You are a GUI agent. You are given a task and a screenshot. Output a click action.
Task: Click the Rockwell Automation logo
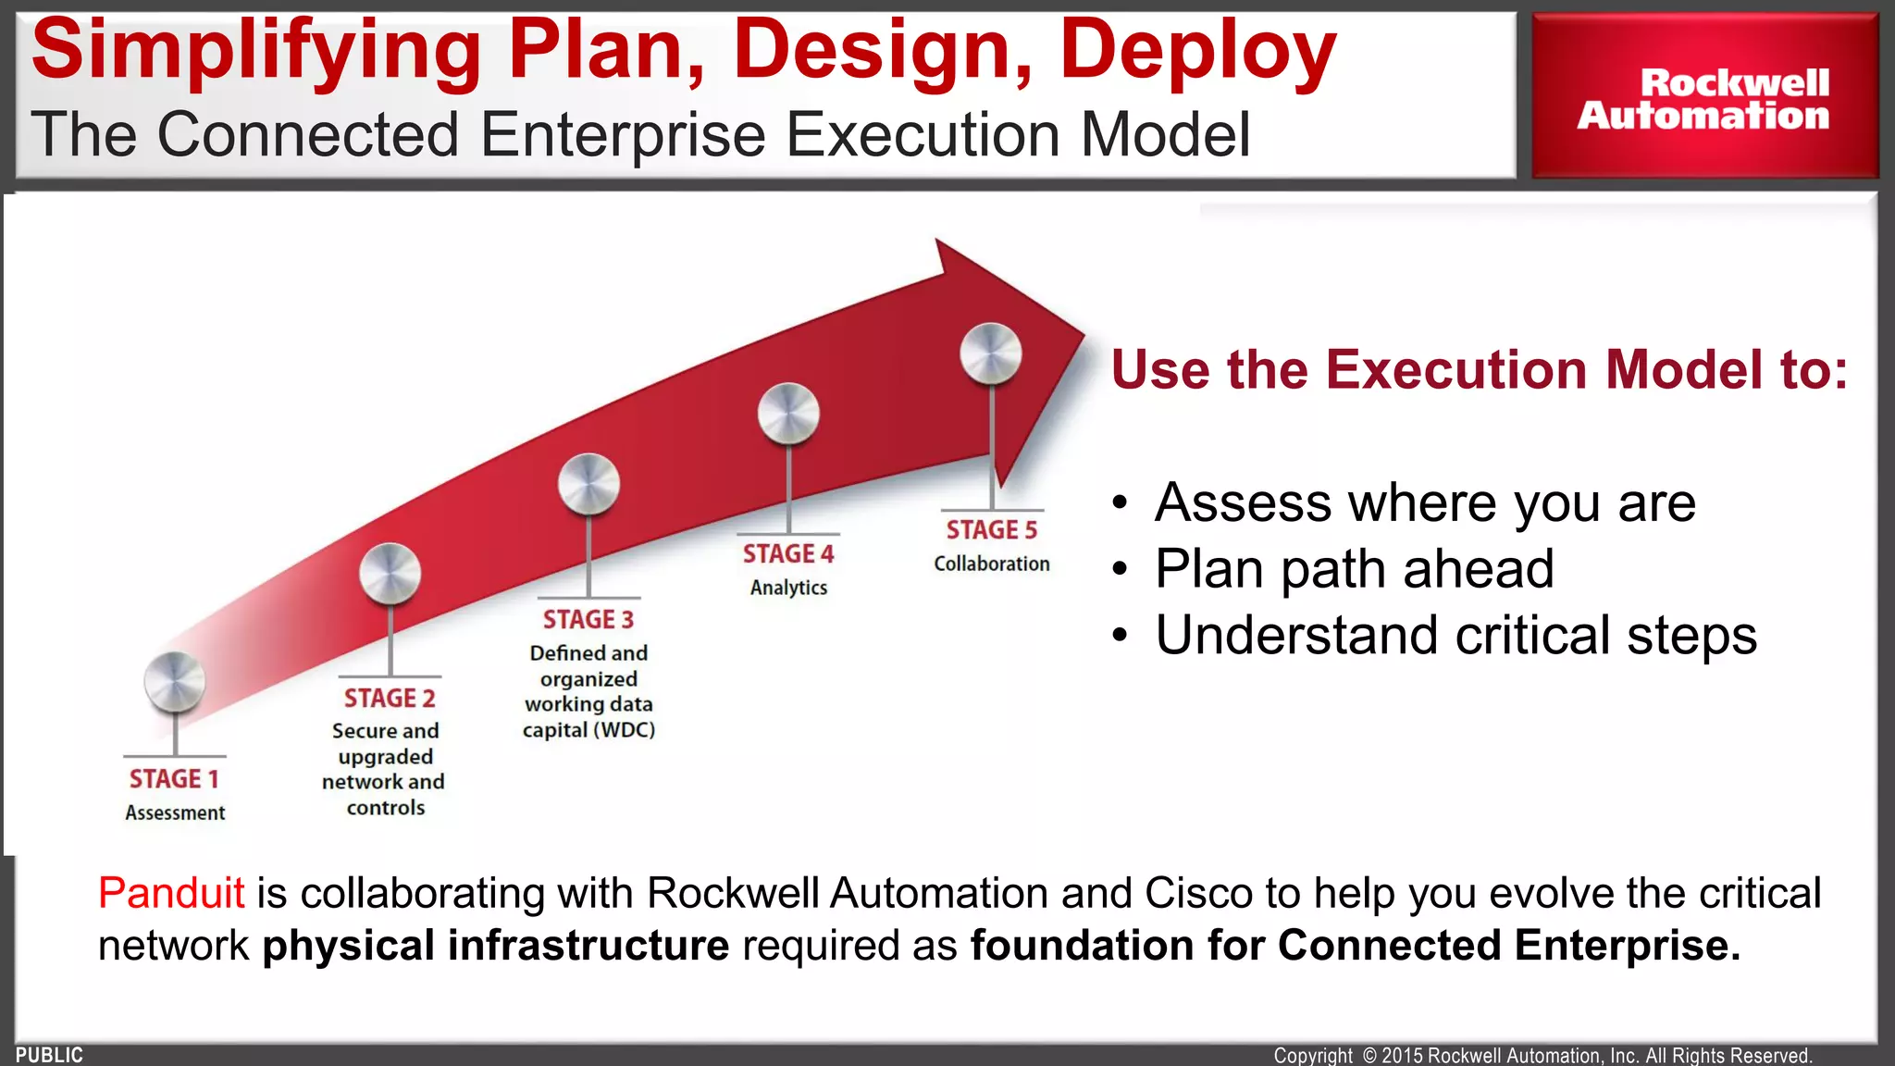point(1703,98)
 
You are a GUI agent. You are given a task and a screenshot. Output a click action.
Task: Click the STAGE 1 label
point(174,779)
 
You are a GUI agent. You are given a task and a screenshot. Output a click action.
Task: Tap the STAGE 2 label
point(390,698)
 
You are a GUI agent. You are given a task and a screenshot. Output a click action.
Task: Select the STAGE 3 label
point(588,619)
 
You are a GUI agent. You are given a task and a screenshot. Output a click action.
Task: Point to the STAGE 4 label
point(788,553)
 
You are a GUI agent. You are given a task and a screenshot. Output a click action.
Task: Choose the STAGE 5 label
point(992,529)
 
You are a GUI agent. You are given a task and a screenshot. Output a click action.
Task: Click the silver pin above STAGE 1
point(174,682)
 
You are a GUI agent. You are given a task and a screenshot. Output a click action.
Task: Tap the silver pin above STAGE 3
point(588,483)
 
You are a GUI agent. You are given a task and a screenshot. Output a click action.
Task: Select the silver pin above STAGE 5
point(991,353)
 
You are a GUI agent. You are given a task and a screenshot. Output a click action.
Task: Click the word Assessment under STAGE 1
point(175,813)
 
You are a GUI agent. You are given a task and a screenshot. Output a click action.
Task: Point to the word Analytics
point(788,588)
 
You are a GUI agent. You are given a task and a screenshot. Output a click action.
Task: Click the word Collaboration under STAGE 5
point(992,564)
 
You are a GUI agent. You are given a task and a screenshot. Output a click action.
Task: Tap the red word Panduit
point(171,893)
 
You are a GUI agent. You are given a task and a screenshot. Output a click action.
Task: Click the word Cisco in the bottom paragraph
point(1199,893)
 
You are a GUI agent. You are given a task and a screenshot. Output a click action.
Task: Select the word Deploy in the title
point(1197,51)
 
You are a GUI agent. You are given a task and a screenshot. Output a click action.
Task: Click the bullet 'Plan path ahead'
point(1354,568)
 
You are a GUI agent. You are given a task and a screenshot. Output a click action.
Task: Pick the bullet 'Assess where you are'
point(1425,502)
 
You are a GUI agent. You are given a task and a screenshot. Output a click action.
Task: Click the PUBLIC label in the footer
point(49,1055)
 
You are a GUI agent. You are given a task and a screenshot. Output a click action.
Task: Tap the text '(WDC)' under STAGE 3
point(625,730)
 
